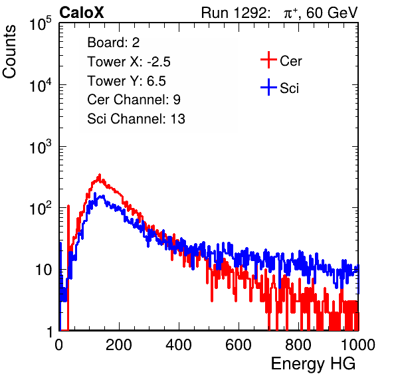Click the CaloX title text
pos(82,13)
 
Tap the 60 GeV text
pos(332,13)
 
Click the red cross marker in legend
pos(268,60)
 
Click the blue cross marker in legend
pos(268,87)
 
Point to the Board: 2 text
pos(114,43)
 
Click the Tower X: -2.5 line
pos(129,62)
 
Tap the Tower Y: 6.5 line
pos(126,81)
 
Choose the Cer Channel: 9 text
pos(134,100)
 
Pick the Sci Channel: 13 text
pos(136,119)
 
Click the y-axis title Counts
pos(9,52)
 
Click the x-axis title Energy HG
pos(313,364)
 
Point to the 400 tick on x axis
pos(179,345)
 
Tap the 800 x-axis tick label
pos(298,345)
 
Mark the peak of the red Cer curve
pos(100,175)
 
